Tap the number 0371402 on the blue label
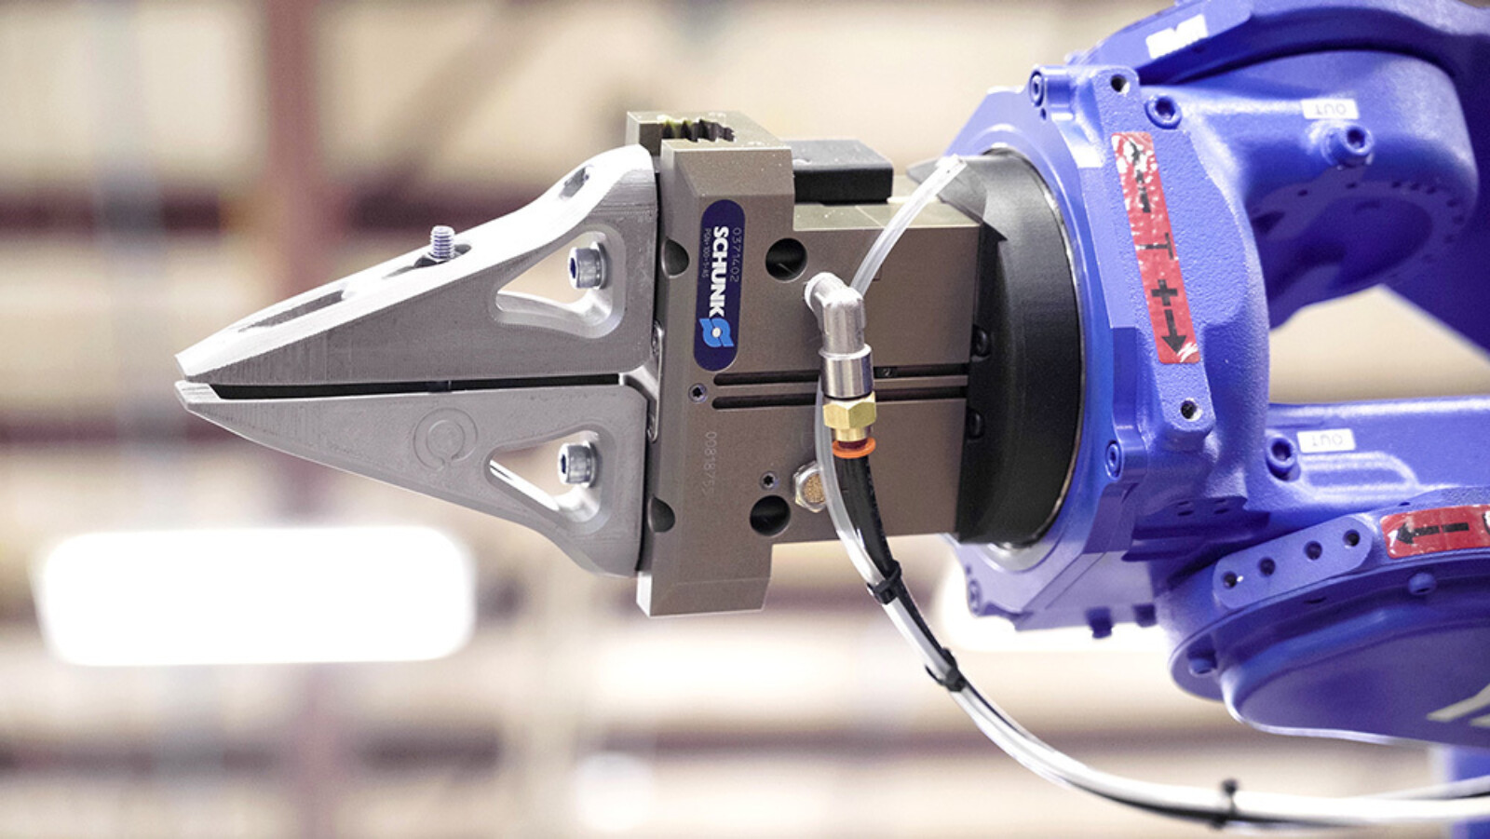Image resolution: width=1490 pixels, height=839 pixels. click(738, 251)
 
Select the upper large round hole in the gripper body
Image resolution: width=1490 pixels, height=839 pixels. click(785, 258)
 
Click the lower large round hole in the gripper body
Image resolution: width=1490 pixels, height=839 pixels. click(769, 514)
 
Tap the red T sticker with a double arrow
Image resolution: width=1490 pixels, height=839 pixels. click(1154, 248)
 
